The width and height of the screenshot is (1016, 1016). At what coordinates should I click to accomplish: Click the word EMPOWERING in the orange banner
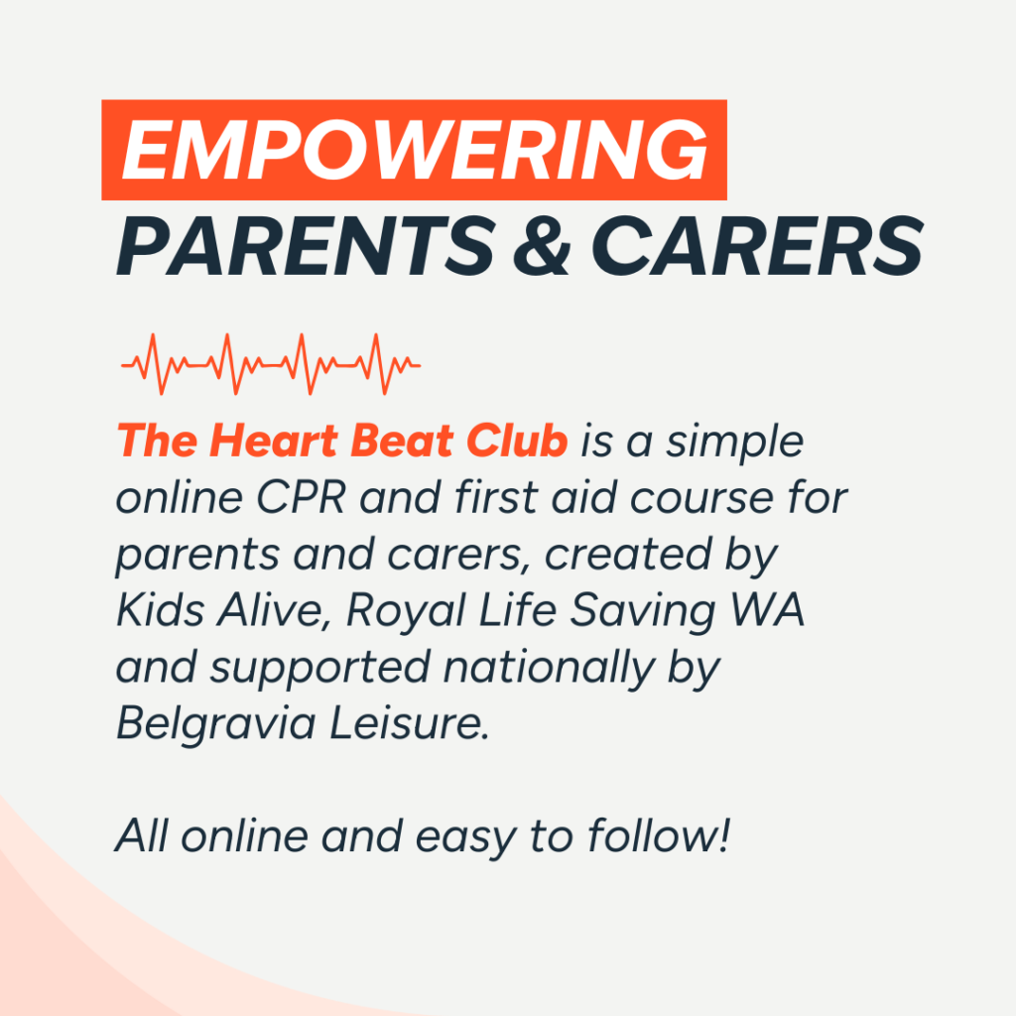[x=415, y=151]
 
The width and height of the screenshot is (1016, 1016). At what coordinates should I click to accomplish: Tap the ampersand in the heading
[x=542, y=246]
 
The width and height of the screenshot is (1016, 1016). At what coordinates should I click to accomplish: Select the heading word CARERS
[x=757, y=246]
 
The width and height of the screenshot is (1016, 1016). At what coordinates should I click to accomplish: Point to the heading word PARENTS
[x=306, y=246]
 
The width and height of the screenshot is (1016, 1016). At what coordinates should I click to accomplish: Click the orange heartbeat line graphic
[x=271, y=365]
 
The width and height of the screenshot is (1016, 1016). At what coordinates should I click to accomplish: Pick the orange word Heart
[x=274, y=441]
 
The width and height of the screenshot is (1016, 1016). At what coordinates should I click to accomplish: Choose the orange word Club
[x=517, y=441]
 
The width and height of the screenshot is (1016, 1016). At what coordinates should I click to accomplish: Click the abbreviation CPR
[x=301, y=498]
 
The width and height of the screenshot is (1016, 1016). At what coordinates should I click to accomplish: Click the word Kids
[x=160, y=610]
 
